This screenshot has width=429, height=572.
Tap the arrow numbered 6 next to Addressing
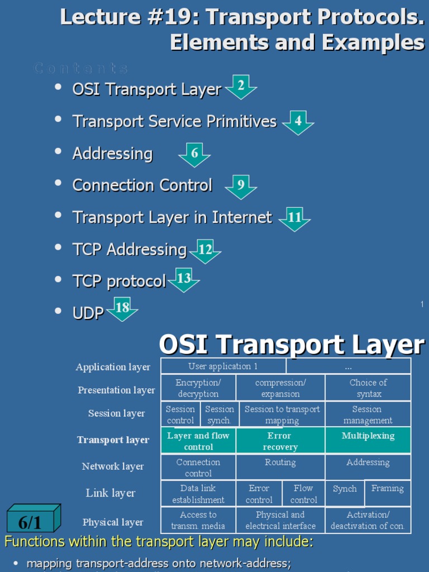coord(194,154)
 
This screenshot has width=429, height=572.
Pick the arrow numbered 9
coord(241,185)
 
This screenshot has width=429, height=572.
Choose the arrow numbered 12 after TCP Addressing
coord(205,250)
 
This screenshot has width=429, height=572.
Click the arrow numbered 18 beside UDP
coord(122,308)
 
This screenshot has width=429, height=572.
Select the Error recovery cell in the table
coord(280,441)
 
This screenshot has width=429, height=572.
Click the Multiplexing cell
coord(368,436)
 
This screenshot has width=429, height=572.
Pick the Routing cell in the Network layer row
coord(280,463)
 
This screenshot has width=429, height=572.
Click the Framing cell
coord(387,489)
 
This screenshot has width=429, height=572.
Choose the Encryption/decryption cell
coord(198,388)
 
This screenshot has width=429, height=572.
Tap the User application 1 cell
coord(223,366)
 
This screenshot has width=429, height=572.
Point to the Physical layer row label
coord(113,522)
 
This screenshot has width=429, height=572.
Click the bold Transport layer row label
coord(113,440)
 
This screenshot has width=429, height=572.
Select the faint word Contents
coord(81,69)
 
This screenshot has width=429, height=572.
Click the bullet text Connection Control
coord(142,185)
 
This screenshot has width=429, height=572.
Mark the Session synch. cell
coord(219,414)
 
